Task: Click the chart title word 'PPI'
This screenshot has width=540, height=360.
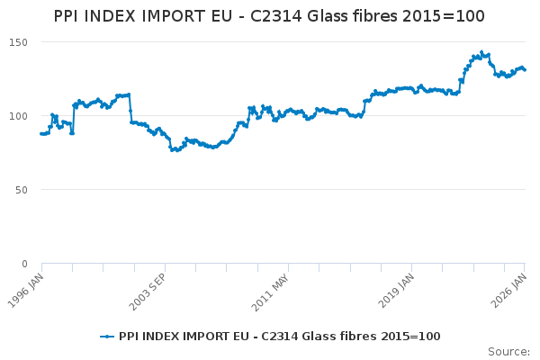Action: click(x=70, y=16)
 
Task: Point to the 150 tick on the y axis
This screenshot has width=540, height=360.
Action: click(x=18, y=43)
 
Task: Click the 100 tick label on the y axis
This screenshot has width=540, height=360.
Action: click(x=18, y=117)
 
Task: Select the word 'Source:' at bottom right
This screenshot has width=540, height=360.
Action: click(x=508, y=352)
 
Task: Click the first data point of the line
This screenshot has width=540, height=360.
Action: click(x=41, y=133)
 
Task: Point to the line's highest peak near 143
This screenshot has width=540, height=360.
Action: click(x=481, y=52)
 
